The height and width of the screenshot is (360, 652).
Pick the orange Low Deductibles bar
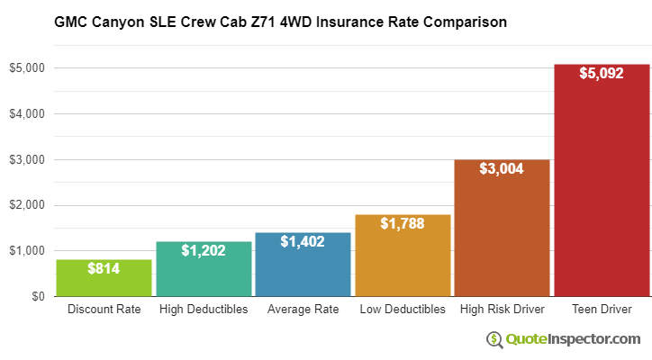[403, 256]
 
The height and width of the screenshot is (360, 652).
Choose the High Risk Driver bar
[502, 229]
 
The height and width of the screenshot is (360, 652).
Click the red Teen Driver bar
[602, 181]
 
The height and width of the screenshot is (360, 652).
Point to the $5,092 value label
[602, 73]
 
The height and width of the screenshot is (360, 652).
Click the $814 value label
[104, 268]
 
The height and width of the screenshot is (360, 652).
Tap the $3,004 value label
[502, 168]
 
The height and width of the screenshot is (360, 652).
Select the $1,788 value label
[403, 223]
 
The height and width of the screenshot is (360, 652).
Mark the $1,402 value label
[303, 241]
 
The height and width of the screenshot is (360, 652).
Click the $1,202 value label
[204, 250]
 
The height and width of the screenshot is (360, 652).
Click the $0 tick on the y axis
[37, 296]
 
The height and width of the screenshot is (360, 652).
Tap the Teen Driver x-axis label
[602, 310]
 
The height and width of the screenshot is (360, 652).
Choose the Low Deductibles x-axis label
[403, 310]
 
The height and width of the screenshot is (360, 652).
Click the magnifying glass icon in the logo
[495, 339]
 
